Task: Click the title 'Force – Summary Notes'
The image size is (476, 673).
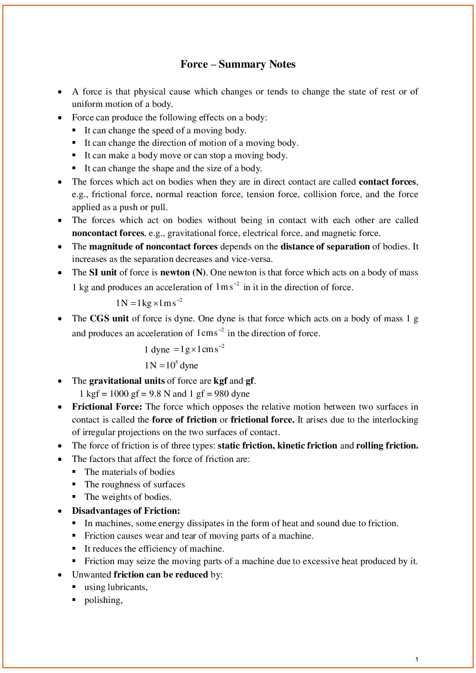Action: tap(238, 64)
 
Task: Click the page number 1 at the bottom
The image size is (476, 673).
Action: tap(416, 659)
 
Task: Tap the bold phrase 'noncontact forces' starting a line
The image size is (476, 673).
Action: tap(108, 233)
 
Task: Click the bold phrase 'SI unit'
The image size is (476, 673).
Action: tap(103, 272)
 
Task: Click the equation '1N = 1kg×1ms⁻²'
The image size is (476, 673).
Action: tap(149, 303)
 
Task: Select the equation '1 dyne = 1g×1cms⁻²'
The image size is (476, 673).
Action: tap(184, 349)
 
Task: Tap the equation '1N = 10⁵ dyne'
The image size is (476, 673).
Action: tap(171, 365)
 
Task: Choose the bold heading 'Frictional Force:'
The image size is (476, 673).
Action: tap(107, 407)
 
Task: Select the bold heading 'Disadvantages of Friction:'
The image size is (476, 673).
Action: tap(126, 511)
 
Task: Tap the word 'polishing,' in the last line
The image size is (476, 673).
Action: tap(103, 600)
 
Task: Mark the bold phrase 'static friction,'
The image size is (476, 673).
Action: tap(246, 446)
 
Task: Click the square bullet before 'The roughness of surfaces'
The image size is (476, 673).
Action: tap(74, 484)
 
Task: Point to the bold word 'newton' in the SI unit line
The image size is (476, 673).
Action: tap(175, 272)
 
